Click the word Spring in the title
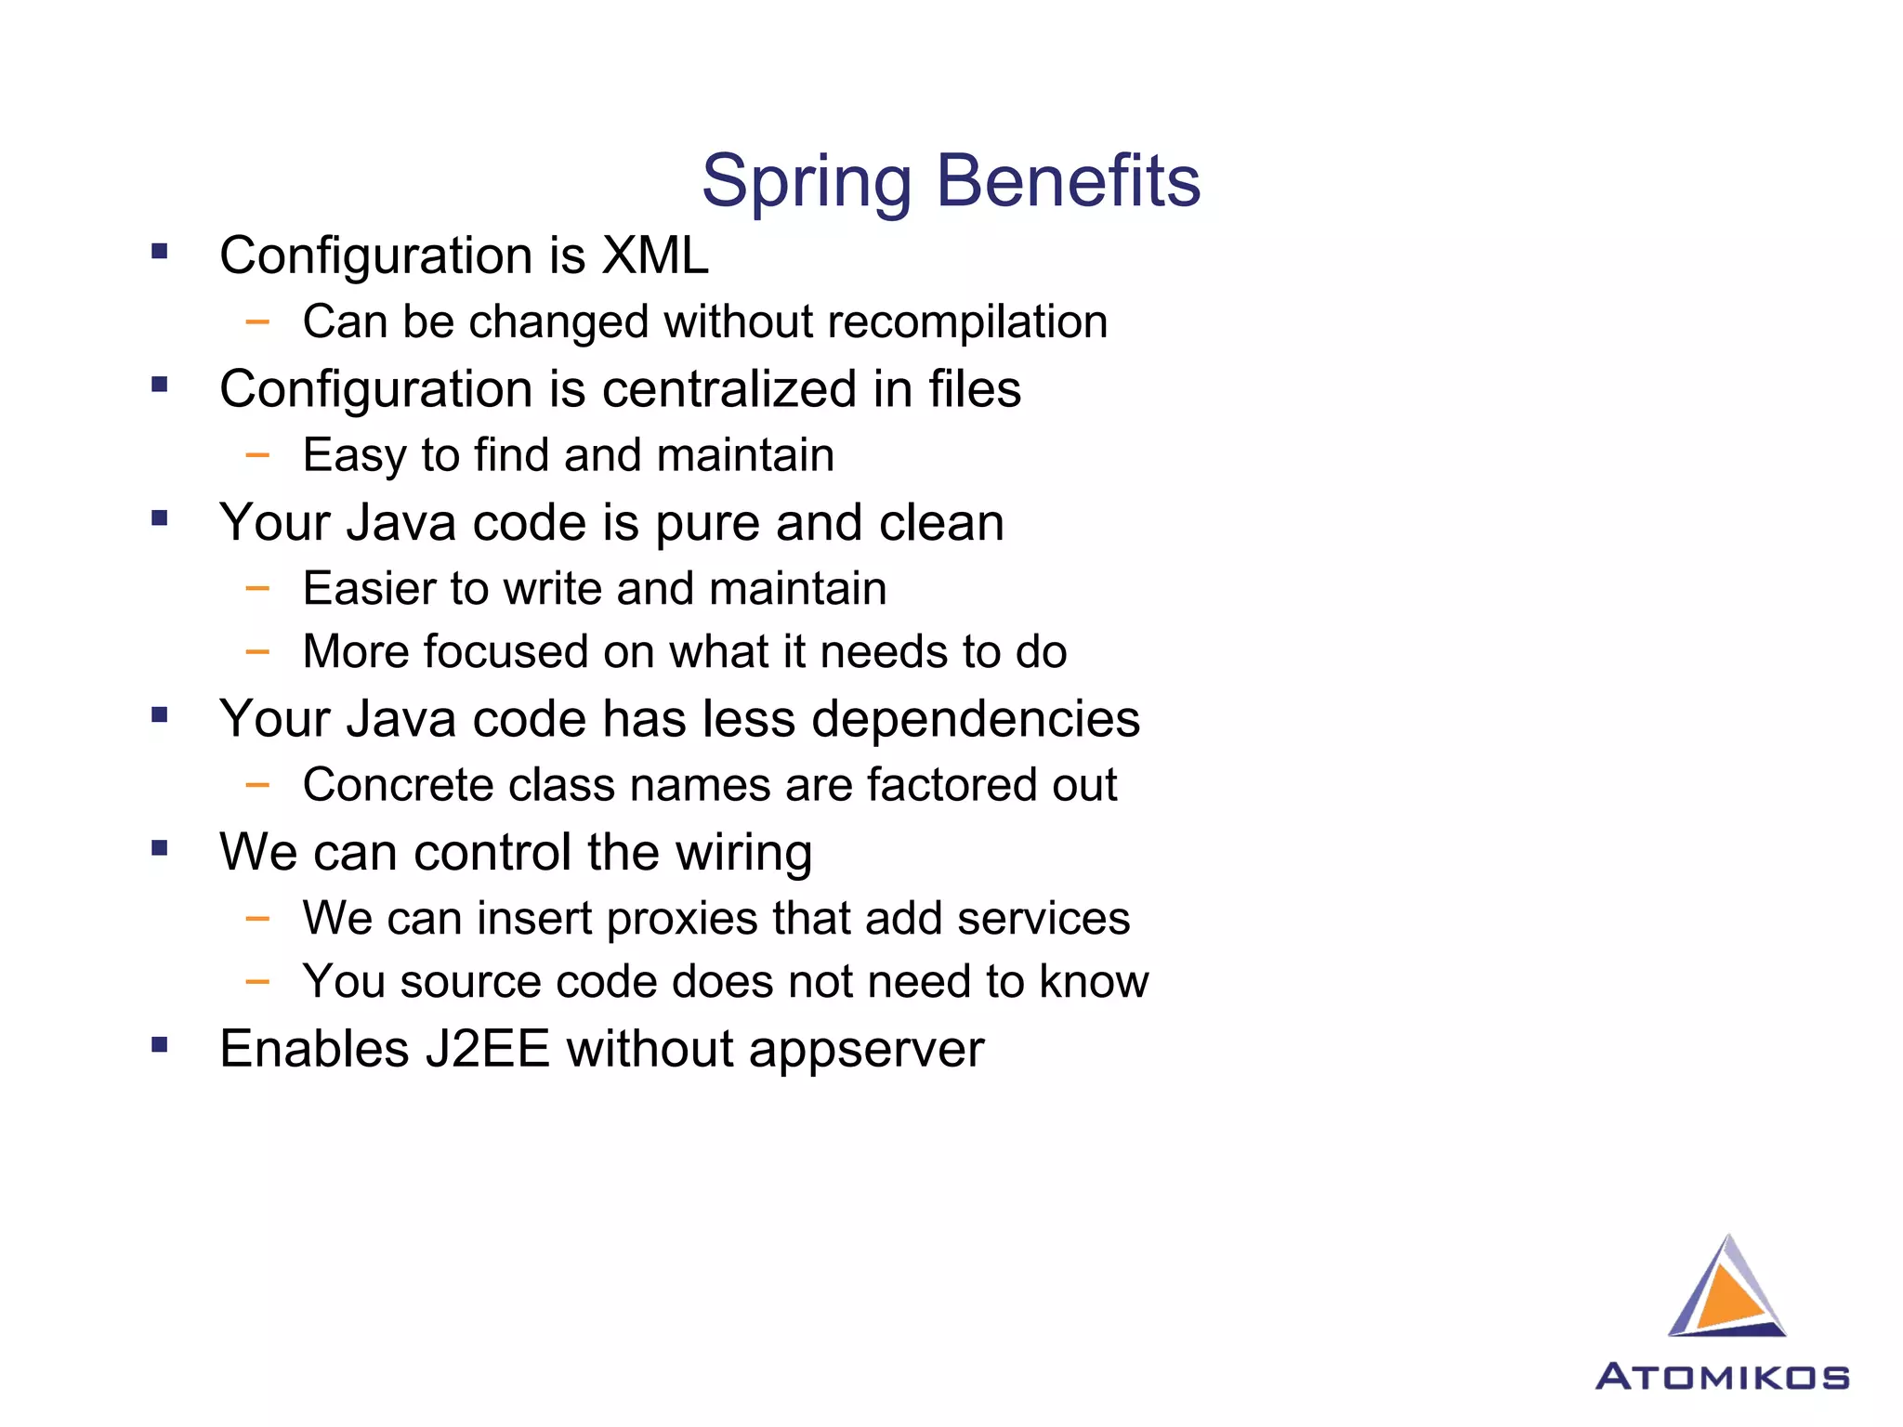807,182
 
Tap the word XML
655,255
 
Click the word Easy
354,456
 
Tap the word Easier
368,589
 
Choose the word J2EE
488,1050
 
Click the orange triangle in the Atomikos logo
1729,1296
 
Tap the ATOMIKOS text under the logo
1722,1377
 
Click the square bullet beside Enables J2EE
160,1045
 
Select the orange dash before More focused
257,652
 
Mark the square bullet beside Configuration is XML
160,251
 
